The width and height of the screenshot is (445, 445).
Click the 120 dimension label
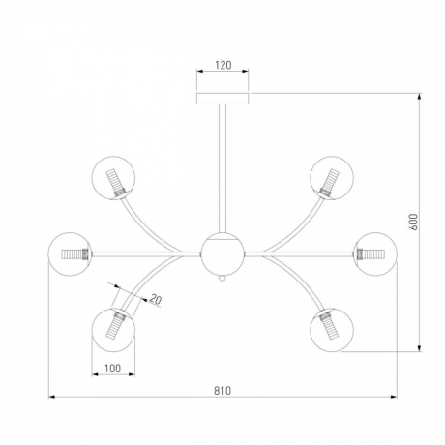[x=223, y=65]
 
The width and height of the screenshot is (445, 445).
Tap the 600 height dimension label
[x=413, y=222]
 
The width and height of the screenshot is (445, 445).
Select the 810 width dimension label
[x=222, y=391]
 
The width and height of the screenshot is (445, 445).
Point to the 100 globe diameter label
[x=113, y=369]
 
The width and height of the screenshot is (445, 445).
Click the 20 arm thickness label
[x=156, y=300]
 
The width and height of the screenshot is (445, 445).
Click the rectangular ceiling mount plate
[x=222, y=99]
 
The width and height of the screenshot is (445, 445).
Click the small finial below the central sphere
[x=222, y=279]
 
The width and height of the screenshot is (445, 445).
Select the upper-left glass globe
[x=113, y=178]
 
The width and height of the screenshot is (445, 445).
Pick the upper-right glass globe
[x=332, y=178]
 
